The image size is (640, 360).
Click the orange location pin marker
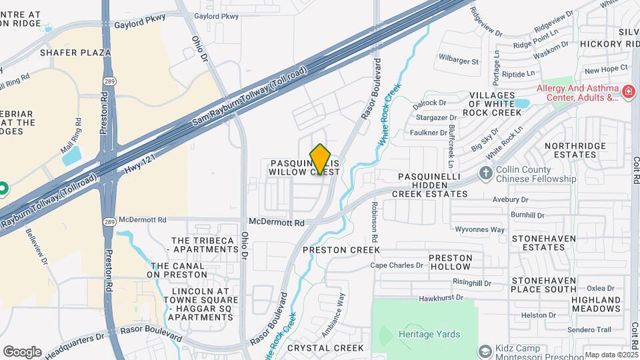[x=321, y=159]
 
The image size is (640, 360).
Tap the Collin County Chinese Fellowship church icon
[x=486, y=173]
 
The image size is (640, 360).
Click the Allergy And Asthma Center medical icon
[x=627, y=91]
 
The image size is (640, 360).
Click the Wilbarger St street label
[x=459, y=61]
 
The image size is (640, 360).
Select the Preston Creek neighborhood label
[x=341, y=250]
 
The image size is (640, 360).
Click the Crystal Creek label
[x=325, y=348]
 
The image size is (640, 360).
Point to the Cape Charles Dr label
[x=397, y=265]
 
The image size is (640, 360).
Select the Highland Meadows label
[x=595, y=304]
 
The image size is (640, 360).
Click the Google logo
[x=22, y=352]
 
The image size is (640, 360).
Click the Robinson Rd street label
[x=375, y=221]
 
